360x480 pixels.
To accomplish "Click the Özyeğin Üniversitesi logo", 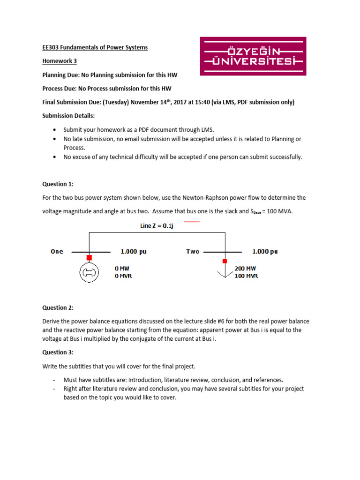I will click(253, 56).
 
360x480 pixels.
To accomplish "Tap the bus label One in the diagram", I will click(57, 252).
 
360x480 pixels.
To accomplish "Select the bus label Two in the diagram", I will click(193, 252).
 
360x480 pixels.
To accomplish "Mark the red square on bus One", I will click(89, 257).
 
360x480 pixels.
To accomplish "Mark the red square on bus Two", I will click(225, 261).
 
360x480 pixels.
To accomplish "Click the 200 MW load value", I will click(245, 269).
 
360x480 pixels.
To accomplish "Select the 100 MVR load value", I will click(246, 276).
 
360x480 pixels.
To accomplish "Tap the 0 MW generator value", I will click(122, 269).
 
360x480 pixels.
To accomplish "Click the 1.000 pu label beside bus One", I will click(134, 252).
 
